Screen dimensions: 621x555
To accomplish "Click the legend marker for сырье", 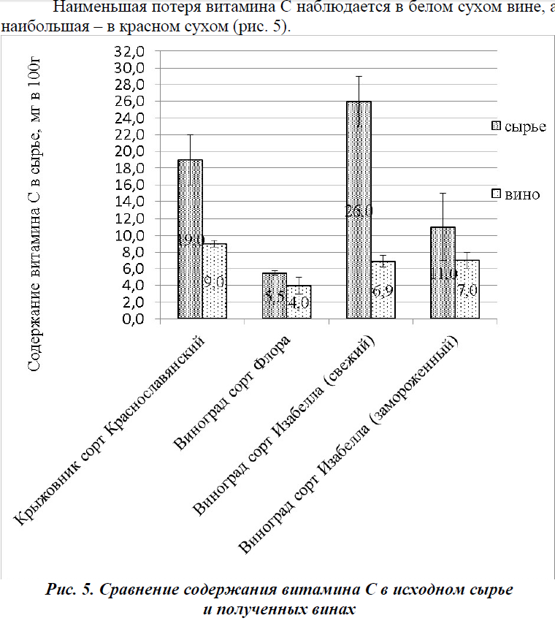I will click(x=498, y=126).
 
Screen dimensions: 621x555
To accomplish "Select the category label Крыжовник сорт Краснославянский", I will click(x=113, y=431).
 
